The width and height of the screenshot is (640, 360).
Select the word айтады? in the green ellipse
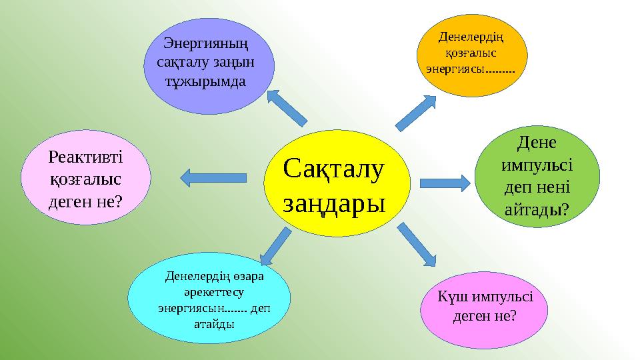[537, 209]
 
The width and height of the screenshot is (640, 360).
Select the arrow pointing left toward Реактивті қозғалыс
[213, 177]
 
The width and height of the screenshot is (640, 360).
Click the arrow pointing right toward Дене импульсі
[446, 182]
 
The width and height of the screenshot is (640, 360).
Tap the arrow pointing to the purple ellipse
[286, 107]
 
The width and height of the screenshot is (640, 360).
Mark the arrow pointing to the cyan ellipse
[275, 245]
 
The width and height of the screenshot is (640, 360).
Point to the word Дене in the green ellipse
[537, 143]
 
